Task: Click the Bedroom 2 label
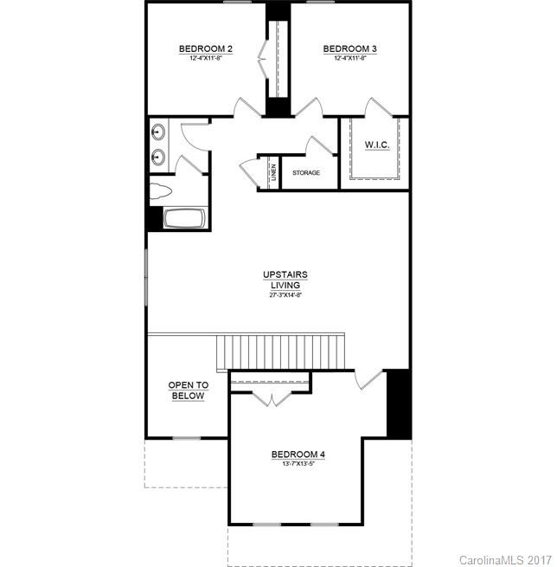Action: pyautogui.click(x=205, y=48)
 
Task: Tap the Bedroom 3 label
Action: pyautogui.click(x=349, y=48)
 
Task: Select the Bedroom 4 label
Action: pyautogui.click(x=298, y=454)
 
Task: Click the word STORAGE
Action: pyautogui.click(x=305, y=173)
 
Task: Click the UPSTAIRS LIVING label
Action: pyautogui.click(x=285, y=280)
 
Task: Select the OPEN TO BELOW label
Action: pyautogui.click(x=187, y=390)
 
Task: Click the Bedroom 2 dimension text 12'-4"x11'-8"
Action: pyautogui.click(x=205, y=59)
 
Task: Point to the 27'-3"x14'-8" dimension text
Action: pyautogui.click(x=285, y=295)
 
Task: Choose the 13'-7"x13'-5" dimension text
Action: pyautogui.click(x=298, y=465)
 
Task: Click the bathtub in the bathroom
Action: pyautogui.click(x=184, y=218)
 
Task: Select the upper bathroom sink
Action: pyautogui.click(x=158, y=132)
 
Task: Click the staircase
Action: pyautogui.click(x=280, y=351)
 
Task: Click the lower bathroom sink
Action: pyautogui.click(x=158, y=158)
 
